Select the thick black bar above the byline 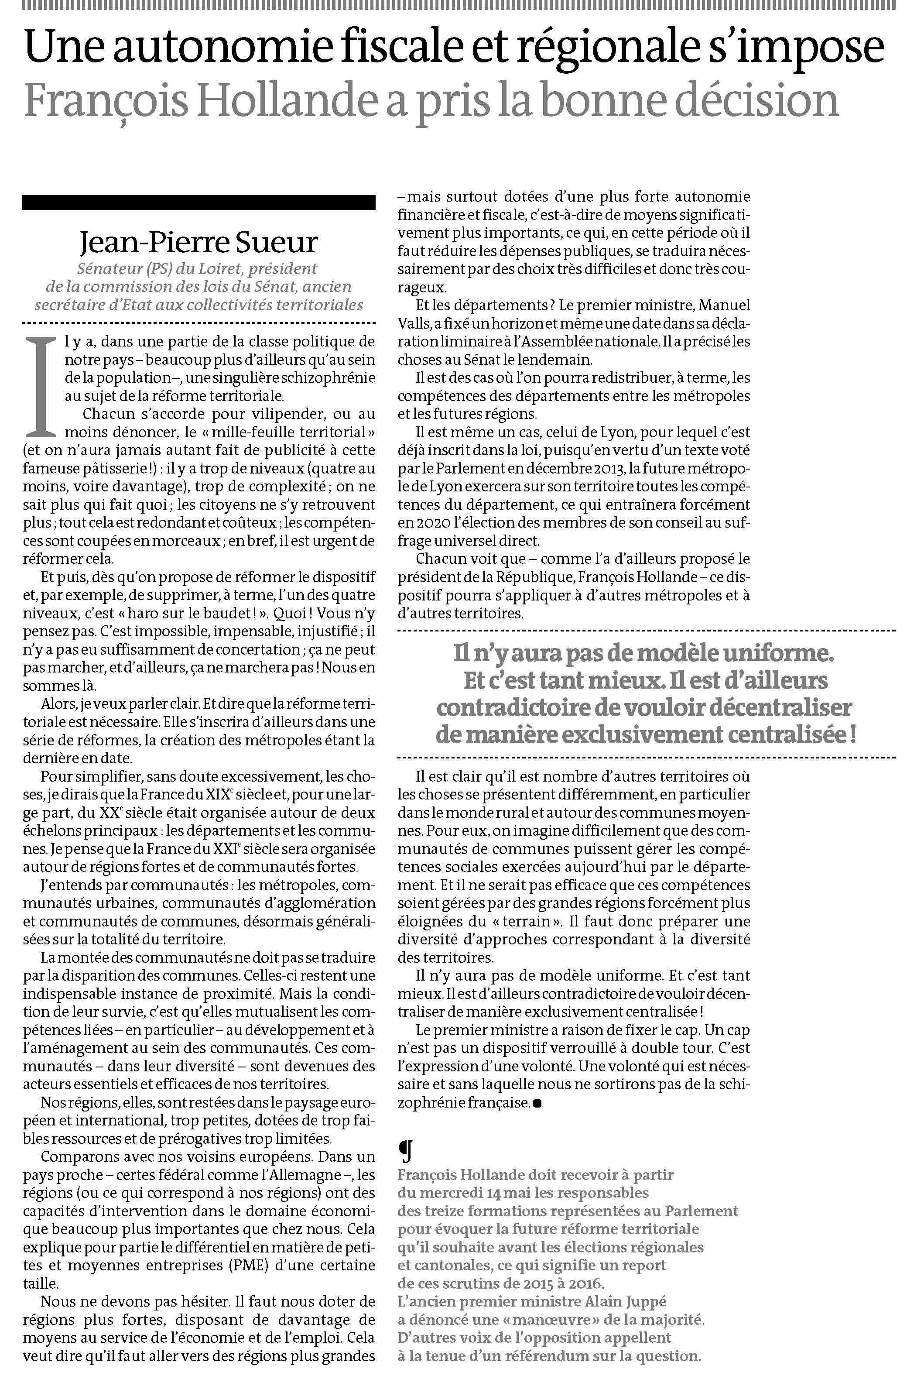[198, 202]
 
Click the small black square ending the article [536, 1103]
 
